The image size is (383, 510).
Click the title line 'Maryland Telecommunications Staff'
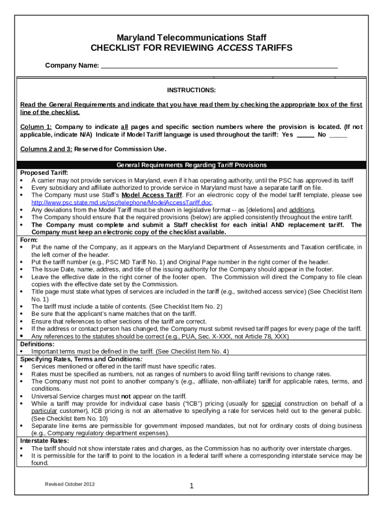191,38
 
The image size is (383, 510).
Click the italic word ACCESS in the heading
235,48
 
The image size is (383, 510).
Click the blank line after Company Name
219,65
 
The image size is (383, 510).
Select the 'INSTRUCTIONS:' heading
191,90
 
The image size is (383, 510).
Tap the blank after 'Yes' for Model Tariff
305,135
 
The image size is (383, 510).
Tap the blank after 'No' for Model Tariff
338,135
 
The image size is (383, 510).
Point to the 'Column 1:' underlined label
36,127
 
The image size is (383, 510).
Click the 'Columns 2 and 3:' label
46,149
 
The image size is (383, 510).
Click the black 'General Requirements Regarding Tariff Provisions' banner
191,165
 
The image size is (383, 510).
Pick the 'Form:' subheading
28,240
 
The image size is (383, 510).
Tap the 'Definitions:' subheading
37,344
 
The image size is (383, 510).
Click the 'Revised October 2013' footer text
70,484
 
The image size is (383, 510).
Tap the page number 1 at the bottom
191,487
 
